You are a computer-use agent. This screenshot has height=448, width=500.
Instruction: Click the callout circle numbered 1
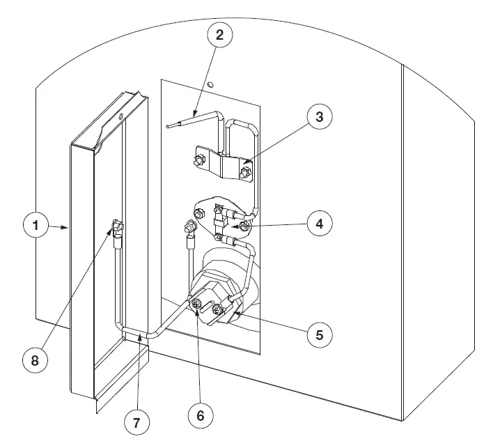[36, 226]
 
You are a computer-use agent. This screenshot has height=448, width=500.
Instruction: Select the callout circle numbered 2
[219, 35]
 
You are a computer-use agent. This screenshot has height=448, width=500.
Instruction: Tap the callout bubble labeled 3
[320, 116]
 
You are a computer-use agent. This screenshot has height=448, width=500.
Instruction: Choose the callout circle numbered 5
[319, 334]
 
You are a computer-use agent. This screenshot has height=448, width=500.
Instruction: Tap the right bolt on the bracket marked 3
[244, 171]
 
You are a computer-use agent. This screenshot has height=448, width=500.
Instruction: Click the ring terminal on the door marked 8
[117, 226]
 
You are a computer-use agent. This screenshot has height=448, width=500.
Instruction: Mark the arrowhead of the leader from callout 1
[68, 226]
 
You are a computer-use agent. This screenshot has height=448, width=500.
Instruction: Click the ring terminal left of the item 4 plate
[187, 227]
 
